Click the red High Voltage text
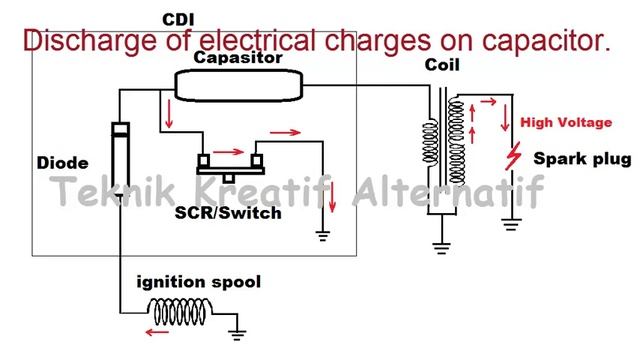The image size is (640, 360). (565, 123)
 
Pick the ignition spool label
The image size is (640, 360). (199, 283)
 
